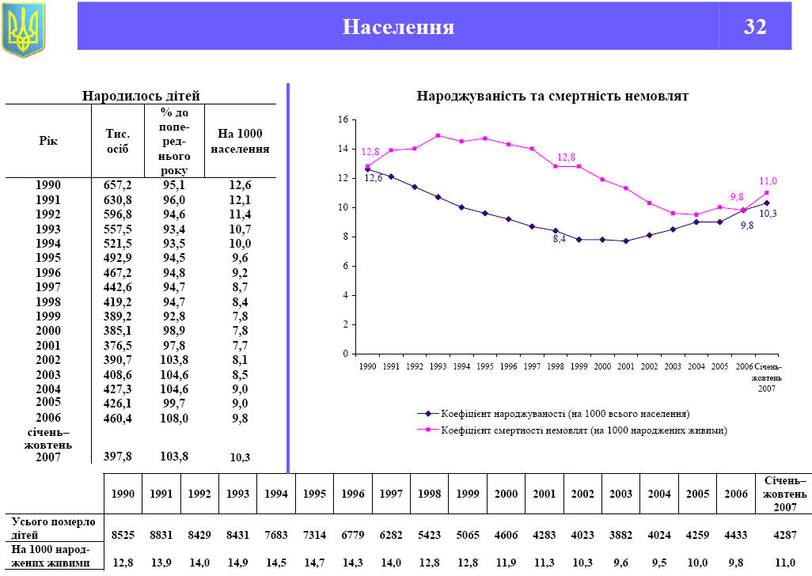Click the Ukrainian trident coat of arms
tap(24, 29)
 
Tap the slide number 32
tap(755, 27)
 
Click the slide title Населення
tap(398, 27)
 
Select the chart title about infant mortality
tap(552, 96)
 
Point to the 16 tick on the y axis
tap(343, 119)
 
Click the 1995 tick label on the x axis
tap(485, 367)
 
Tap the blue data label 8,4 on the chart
tap(559, 239)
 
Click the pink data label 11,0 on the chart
tap(768, 181)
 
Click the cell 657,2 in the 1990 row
tap(118, 185)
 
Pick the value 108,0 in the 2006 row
tap(173, 418)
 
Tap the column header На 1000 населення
tap(241, 141)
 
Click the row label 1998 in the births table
tap(48, 301)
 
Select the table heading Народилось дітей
tap(141, 96)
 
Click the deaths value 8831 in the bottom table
tap(161, 535)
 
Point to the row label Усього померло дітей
tap(52, 528)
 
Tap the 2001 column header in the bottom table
tap(544, 493)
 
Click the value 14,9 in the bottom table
tap(237, 563)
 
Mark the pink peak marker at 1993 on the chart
tap(438, 135)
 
